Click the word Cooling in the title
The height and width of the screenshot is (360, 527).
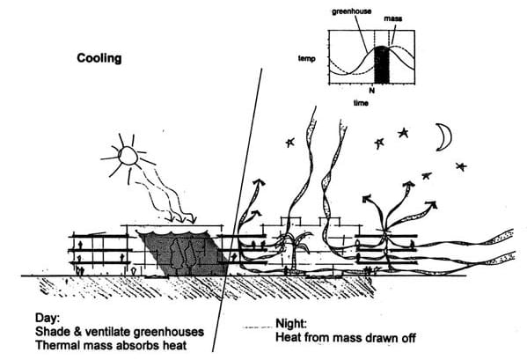tap(99, 58)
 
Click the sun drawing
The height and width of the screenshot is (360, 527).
tap(128, 157)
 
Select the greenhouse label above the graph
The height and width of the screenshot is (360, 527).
tap(352, 11)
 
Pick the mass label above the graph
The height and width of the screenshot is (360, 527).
tap(393, 18)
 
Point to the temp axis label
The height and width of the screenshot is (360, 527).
tap(307, 59)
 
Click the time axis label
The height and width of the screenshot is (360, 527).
tap(361, 103)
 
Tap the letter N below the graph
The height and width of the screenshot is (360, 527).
tap(372, 90)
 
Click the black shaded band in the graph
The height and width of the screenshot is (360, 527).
tap(382, 64)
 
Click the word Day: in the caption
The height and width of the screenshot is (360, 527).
tap(48, 318)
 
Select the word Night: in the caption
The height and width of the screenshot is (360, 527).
tap(291, 323)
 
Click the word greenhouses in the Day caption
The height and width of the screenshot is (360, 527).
tap(169, 332)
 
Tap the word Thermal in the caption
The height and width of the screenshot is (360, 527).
tap(55, 345)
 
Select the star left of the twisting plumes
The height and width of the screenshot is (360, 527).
tap(289, 143)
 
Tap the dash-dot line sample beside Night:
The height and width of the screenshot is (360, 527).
tap(257, 327)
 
